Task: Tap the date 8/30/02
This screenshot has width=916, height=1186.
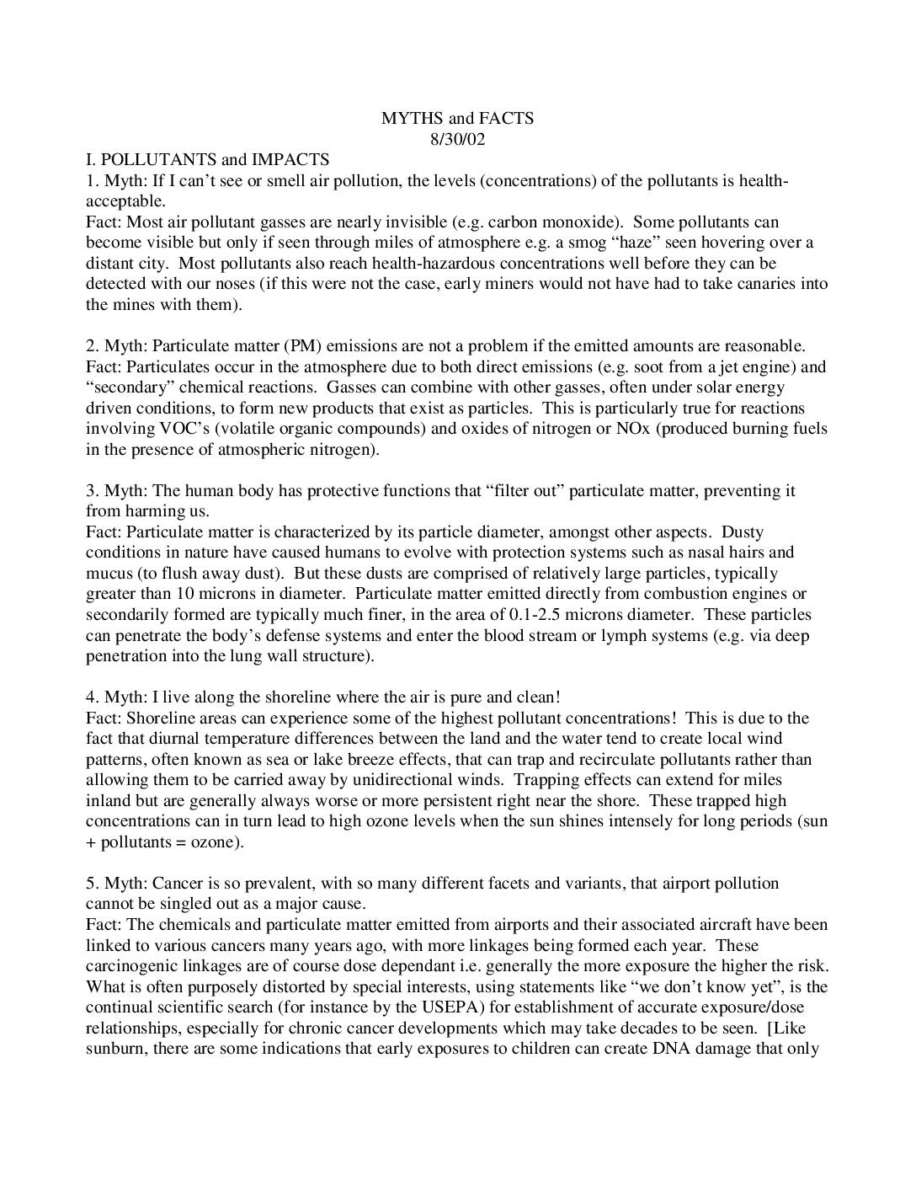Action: (x=458, y=139)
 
